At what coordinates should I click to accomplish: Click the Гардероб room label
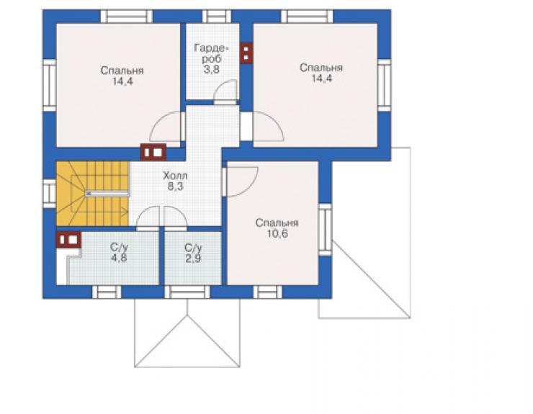[x=212, y=53]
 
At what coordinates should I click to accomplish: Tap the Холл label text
[x=175, y=176]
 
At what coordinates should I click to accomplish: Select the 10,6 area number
[x=277, y=234]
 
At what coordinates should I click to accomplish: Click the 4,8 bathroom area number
[x=119, y=258]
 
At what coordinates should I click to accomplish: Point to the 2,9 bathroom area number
[x=193, y=258]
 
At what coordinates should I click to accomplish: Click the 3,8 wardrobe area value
[x=212, y=69]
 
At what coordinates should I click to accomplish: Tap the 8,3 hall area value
[x=175, y=186]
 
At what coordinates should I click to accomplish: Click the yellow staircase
[x=92, y=194]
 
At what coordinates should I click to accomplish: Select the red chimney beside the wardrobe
[x=246, y=53]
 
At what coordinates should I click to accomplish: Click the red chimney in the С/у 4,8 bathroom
[x=68, y=240]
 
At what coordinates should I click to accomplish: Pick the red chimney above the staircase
[x=153, y=152]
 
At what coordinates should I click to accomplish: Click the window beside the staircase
[x=49, y=194]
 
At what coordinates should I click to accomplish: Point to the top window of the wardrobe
[x=217, y=17]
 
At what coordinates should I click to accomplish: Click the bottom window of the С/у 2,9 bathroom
[x=187, y=292]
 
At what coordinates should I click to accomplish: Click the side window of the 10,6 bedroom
[x=326, y=230]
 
